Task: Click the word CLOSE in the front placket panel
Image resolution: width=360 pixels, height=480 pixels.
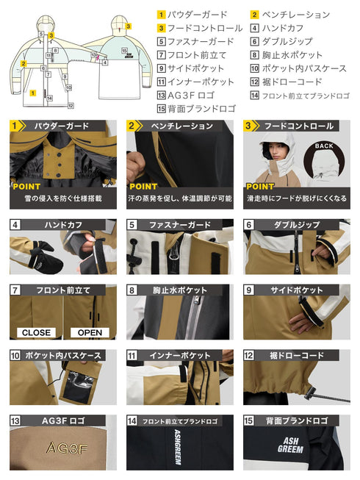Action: (36, 332)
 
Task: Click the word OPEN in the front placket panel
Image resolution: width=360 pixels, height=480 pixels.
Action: (89, 332)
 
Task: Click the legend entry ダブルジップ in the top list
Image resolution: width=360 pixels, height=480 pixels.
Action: (287, 41)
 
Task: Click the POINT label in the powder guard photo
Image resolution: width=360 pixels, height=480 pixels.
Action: (27, 187)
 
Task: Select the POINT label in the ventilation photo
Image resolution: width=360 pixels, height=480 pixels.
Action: (144, 187)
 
